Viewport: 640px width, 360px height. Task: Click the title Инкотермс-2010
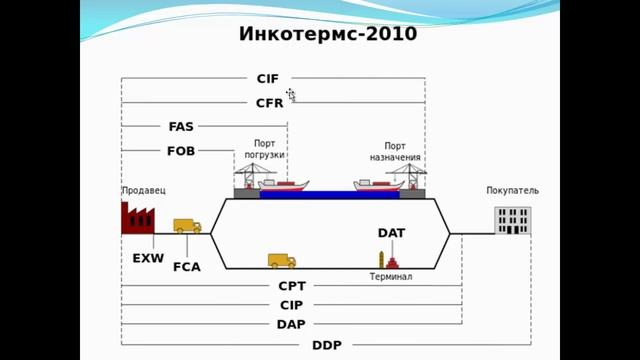[328, 35]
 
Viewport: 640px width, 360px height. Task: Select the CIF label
[269, 77]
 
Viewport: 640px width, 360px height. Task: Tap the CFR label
[269, 102]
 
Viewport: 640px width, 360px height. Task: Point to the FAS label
[181, 127]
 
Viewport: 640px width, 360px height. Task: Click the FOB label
[181, 152]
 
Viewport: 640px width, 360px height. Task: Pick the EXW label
[147, 257]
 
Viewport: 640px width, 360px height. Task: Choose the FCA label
[187, 267]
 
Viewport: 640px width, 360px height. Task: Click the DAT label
[391, 233]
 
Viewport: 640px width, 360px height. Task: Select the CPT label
[292, 286]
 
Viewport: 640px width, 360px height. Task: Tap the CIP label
[291, 305]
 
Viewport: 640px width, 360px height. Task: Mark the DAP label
[291, 324]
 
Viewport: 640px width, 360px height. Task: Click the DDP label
[327, 345]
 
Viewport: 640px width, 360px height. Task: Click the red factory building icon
[135, 217]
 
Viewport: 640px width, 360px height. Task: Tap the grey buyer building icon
[513, 219]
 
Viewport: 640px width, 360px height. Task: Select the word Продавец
[143, 190]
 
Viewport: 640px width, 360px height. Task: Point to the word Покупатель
[512, 190]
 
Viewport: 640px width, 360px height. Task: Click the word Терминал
[391, 276]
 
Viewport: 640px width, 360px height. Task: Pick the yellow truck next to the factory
[187, 226]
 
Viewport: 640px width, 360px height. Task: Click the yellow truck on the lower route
[282, 261]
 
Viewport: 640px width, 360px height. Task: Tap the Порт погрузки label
[265, 149]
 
